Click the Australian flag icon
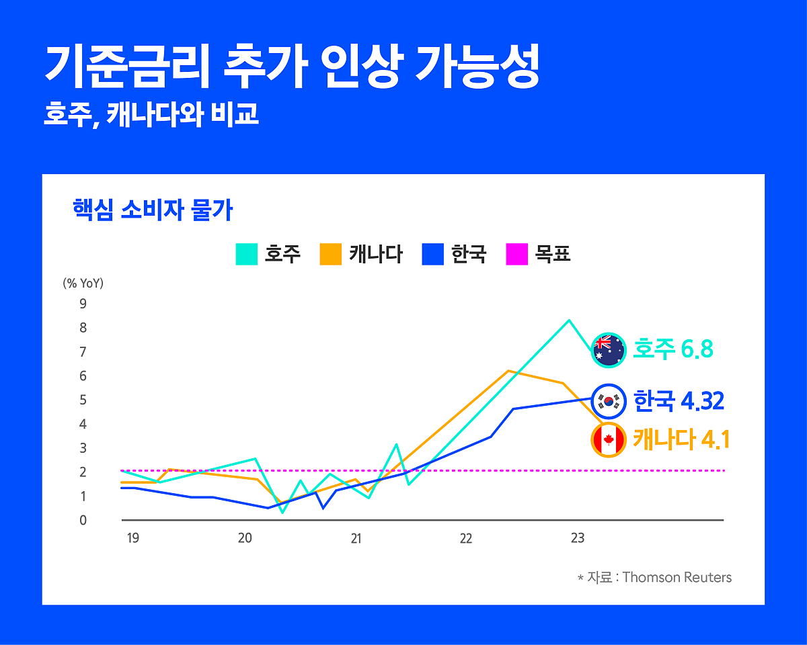click(609, 350)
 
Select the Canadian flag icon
click(609, 440)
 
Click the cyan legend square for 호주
click(247, 255)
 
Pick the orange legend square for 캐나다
click(331, 255)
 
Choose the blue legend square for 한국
click(433, 255)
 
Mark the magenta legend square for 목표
click(516, 255)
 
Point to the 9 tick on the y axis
click(83, 304)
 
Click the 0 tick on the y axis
click(83, 520)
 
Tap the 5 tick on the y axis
click(83, 400)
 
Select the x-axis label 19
click(133, 539)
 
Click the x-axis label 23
click(577, 539)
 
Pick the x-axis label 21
click(356, 539)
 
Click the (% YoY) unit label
click(83, 284)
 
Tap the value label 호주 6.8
click(672, 350)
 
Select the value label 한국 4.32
click(679, 402)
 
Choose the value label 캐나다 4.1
click(681, 440)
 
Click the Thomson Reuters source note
click(654, 577)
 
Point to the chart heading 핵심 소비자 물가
click(153, 210)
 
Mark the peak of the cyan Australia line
click(569, 320)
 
